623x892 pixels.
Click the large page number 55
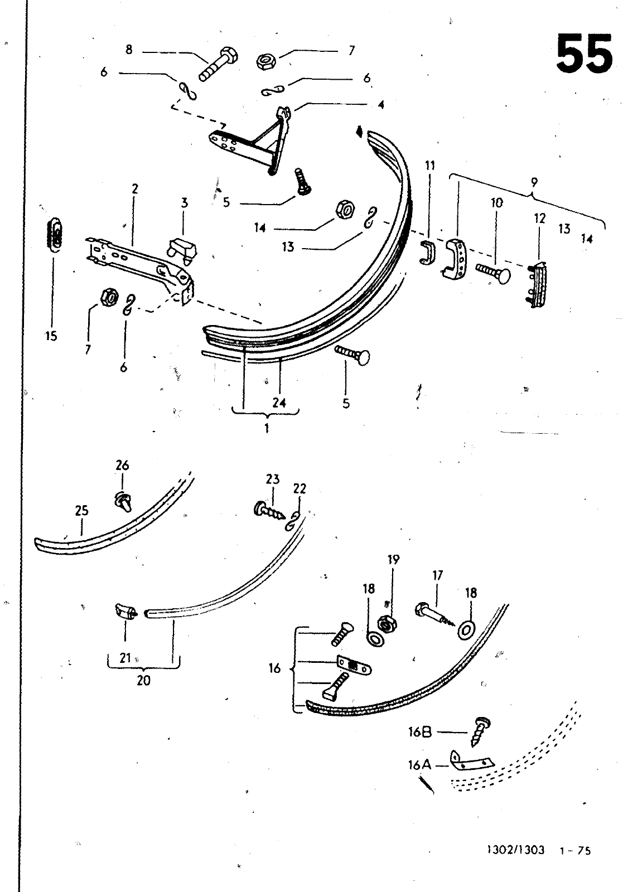(584, 54)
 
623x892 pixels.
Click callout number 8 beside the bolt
(129, 50)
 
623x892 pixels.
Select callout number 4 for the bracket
(381, 105)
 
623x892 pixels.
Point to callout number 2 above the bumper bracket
(134, 188)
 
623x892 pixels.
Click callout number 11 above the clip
(430, 165)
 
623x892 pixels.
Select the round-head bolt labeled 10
(493, 274)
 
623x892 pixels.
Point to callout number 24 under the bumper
(279, 403)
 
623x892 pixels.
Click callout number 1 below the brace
(267, 429)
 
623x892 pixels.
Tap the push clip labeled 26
(123, 501)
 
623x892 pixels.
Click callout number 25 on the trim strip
(81, 511)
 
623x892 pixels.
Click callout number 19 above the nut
(393, 560)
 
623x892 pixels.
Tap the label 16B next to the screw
(420, 731)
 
